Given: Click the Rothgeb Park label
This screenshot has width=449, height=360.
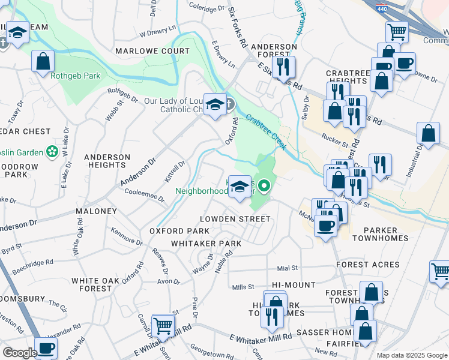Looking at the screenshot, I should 75,76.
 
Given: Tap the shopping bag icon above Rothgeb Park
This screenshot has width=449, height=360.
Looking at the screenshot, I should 43,61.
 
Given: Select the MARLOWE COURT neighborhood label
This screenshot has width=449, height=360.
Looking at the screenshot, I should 152,51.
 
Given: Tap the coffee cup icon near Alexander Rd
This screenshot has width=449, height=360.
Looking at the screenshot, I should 46,347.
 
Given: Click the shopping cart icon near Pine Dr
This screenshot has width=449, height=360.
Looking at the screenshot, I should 163,326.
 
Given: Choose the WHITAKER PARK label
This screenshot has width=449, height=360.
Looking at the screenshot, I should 206,244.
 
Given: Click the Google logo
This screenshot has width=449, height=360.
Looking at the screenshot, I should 19,353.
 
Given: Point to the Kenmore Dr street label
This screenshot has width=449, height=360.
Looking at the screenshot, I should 126,237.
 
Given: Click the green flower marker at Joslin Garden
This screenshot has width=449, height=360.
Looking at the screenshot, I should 53,149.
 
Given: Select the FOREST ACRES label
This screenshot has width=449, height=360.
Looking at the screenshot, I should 367,265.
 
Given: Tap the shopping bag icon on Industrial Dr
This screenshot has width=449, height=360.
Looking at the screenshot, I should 428,134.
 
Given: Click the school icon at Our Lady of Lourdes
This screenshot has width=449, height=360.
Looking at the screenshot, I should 214,106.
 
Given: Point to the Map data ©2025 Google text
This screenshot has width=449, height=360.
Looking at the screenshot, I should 411,355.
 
